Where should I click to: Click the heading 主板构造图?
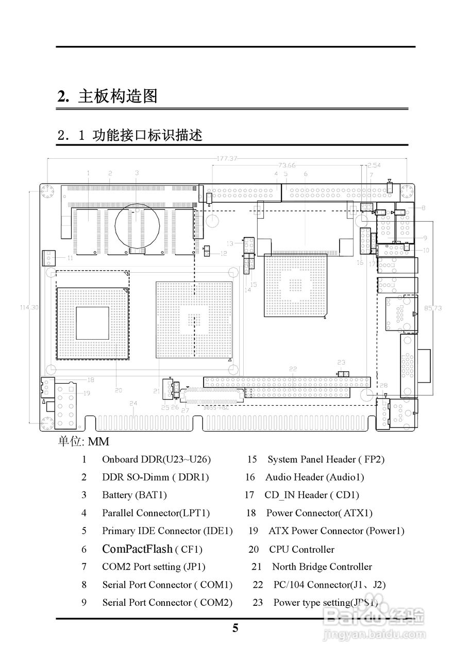coord(117,96)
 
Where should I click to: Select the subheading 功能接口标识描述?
coord(147,136)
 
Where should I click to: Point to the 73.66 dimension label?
coord(287,166)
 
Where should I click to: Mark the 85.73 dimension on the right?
coord(432,308)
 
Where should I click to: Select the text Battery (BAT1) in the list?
coord(134,495)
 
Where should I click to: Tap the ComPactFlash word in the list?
coord(137,549)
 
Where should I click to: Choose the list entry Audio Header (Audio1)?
coord(314,477)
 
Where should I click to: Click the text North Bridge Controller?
coord(322,567)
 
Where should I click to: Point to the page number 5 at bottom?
coord(236,628)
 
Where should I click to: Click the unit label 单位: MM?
coord(83,442)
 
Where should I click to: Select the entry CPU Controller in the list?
coord(301,550)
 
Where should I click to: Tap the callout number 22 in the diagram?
coord(293,369)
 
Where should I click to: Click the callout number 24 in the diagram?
coord(133,403)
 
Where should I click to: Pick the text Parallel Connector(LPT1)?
coord(156,513)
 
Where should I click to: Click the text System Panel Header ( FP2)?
coord(326,459)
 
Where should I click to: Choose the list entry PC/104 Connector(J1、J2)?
coord(329,585)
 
